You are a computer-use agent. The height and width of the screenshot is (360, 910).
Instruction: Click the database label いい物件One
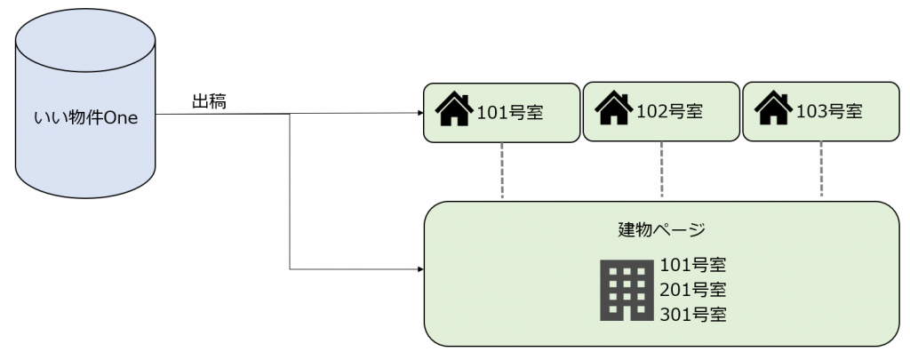[x=85, y=117]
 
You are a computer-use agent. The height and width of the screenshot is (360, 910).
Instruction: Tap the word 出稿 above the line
[x=209, y=101]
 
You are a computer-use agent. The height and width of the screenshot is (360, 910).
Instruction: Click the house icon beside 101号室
[x=454, y=109]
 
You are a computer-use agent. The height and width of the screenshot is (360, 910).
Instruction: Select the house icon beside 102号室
[x=613, y=109]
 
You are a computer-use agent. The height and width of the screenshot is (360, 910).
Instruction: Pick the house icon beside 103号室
[x=773, y=109]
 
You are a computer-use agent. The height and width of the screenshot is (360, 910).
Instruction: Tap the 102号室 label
[x=670, y=112]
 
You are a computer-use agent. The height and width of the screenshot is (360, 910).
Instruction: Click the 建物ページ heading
[x=661, y=229]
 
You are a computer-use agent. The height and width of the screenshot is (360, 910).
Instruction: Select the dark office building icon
[x=624, y=290]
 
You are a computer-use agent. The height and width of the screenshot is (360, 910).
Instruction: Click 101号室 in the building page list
[x=693, y=265]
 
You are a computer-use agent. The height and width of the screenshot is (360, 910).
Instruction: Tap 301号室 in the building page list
[x=693, y=314]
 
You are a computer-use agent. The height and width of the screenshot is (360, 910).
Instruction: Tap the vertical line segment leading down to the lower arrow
[x=291, y=191]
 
